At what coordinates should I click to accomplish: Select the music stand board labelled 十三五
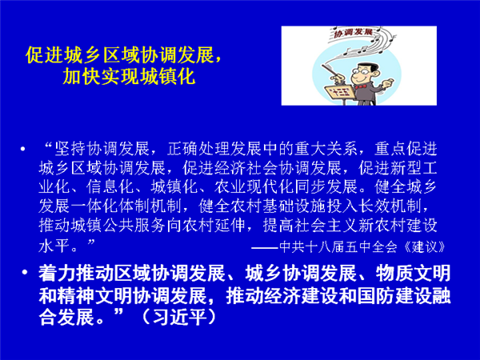coord(340,92)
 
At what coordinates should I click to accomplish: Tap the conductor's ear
coord(376,74)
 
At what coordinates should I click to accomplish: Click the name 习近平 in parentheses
coord(180,317)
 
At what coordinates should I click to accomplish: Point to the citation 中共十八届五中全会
coord(338,247)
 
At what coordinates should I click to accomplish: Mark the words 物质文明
coord(413,273)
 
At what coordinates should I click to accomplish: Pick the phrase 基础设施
coord(294,206)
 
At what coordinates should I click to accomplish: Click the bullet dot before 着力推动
coord(25,272)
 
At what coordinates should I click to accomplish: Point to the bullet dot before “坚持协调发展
coord(22,150)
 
